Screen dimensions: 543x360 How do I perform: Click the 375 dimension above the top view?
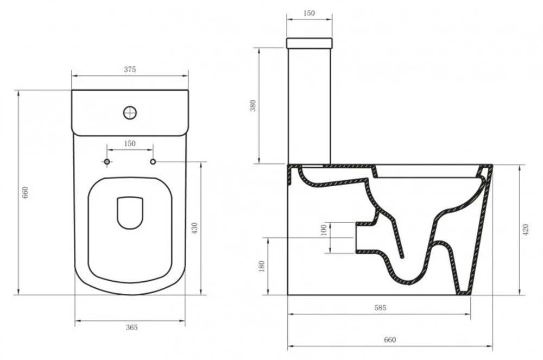click(x=130, y=70)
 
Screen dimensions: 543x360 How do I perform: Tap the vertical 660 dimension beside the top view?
click(x=25, y=192)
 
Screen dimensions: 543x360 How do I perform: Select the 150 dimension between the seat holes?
click(x=130, y=143)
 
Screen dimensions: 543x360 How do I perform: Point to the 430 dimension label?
click(x=194, y=229)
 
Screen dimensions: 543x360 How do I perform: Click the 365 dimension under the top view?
click(x=131, y=327)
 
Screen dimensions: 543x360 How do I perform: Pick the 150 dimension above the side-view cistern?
click(x=309, y=13)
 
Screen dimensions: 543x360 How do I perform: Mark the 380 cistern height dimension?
click(x=253, y=105)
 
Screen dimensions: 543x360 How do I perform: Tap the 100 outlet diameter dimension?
click(x=324, y=230)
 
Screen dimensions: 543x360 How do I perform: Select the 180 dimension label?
click(x=262, y=266)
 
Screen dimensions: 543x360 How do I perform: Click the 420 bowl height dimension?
click(x=526, y=230)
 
